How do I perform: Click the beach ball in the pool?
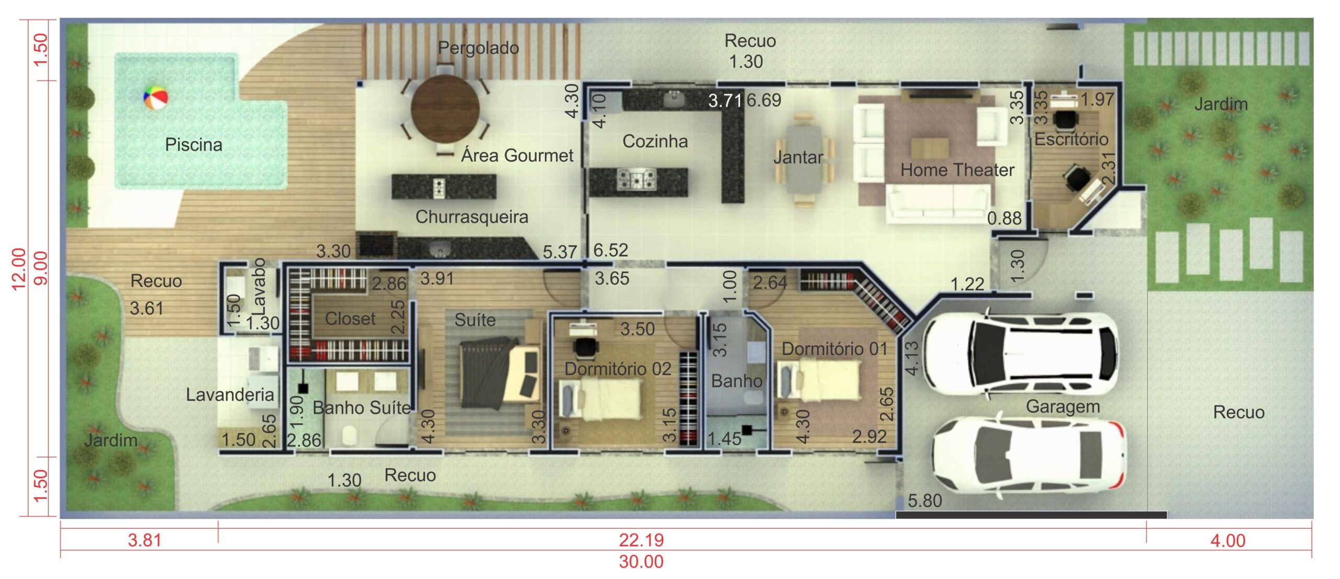[x=155, y=98]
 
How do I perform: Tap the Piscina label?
[x=194, y=145]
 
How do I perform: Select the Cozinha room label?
[x=655, y=141]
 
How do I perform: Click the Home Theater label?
[x=957, y=170]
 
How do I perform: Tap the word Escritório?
[x=1071, y=139]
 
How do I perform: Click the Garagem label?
[x=1063, y=406]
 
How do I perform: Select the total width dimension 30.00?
[x=641, y=562]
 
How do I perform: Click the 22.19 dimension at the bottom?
[x=641, y=540]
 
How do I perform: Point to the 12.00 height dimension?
[x=18, y=268]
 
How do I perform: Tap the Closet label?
[x=350, y=319]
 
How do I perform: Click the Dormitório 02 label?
[x=618, y=369]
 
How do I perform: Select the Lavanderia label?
[x=230, y=394]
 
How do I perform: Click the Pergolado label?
[x=478, y=48]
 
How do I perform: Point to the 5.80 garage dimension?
[x=925, y=501]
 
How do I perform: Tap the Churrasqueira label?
[x=472, y=217]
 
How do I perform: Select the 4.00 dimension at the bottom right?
[x=1228, y=541]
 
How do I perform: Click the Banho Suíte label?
[x=362, y=408]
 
